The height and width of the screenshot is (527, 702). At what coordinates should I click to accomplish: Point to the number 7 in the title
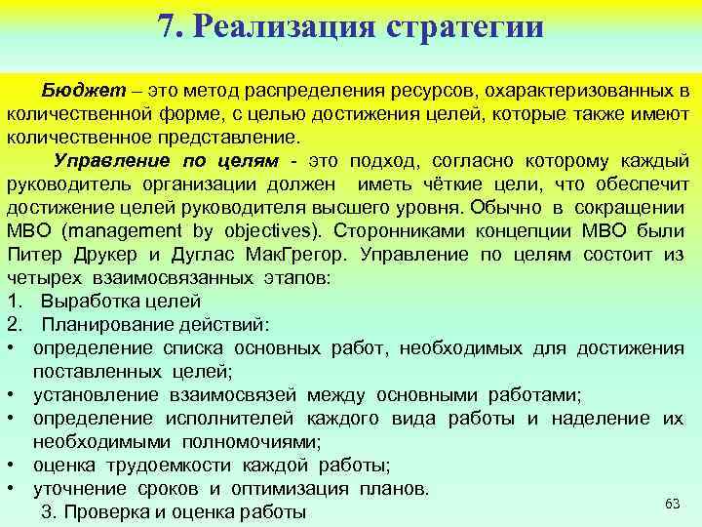167,25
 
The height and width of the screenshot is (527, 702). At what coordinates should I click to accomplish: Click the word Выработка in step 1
84,301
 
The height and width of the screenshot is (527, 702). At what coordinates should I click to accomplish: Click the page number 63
671,503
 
